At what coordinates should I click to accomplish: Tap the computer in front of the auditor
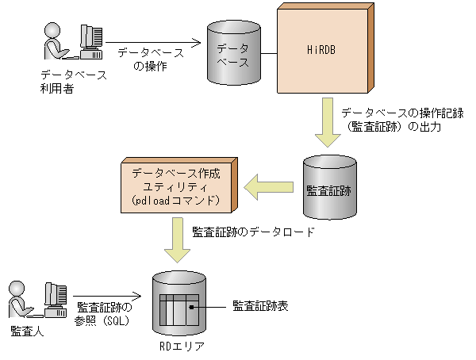tap(55, 299)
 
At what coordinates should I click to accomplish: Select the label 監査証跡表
tap(259, 304)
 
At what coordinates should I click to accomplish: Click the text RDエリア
tap(178, 347)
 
